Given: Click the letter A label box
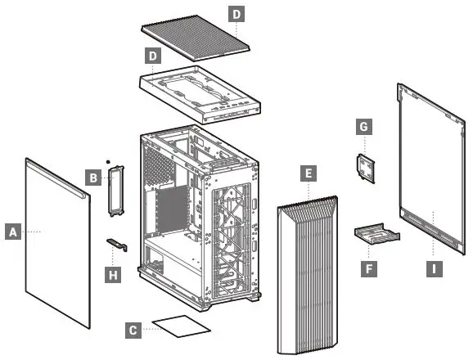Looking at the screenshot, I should click(12, 232).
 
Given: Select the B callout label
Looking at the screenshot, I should click(93, 176).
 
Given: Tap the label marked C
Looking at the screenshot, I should click(133, 331).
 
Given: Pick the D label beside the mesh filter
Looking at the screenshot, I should click(236, 15).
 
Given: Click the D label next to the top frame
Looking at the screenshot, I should click(151, 56).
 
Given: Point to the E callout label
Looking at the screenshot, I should click(308, 173).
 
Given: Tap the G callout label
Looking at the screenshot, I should click(364, 127).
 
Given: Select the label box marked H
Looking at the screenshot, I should click(114, 274).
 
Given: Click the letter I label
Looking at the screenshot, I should click(432, 267).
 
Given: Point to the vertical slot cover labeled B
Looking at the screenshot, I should click(115, 190).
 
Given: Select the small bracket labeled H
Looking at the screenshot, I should click(117, 243).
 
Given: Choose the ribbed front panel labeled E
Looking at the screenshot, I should click(307, 274).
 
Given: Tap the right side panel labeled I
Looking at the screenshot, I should click(430, 164).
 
